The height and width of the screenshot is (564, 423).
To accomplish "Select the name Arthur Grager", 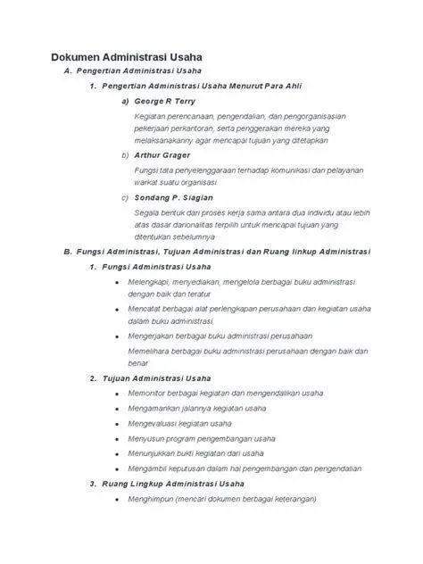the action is pyautogui.click(x=162, y=154).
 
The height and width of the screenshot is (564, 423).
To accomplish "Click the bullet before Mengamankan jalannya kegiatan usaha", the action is pyautogui.click(x=118, y=408).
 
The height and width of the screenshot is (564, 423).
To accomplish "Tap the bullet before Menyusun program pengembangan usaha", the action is pyautogui.click(x=118, y=438).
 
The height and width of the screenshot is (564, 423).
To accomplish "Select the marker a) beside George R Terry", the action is pyautogui.click(x=124, y=101).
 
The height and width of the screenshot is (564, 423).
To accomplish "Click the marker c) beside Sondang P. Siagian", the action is pyautogui.click(x=124, y=196).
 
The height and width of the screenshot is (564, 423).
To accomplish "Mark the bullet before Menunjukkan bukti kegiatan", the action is pyautogui.click(x=118, y=453).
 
